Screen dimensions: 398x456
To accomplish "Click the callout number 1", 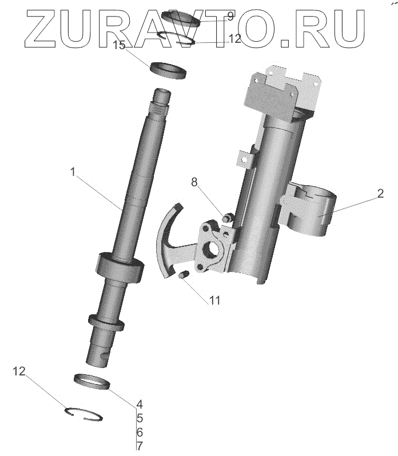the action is [x=73, y=172].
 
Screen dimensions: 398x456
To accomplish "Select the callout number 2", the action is [x=380, y=193].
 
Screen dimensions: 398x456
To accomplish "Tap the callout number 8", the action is [x=194, y=182].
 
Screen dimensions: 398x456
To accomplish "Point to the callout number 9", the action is [x=230, y=16].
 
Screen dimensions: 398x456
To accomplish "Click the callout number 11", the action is [x=215, y=301].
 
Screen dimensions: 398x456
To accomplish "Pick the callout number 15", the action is [x=119, y=45].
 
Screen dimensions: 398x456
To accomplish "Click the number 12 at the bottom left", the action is [x=19, y=371].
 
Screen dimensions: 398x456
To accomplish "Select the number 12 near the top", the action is [x=235, y=38].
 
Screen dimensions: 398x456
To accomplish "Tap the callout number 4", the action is [x=140, y=404].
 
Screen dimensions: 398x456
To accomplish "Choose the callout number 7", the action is [x=140, y=446].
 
